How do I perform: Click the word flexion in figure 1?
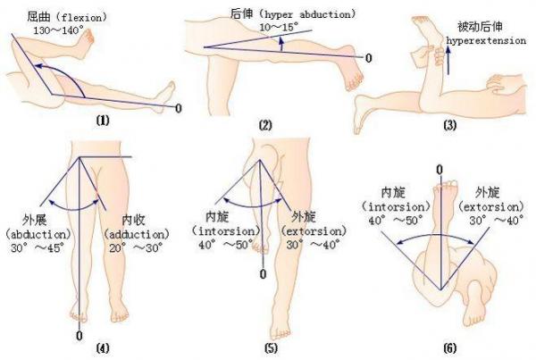(81, 17)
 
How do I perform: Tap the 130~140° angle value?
(58, 30)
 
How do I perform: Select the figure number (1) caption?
(103, 121)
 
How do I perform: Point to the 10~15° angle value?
(278, 27)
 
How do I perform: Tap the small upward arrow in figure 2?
(281, 44)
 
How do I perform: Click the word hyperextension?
(486, 41)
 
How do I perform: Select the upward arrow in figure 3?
(448, 60)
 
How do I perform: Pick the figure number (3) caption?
(450, 125)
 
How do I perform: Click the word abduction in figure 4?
(38, 235)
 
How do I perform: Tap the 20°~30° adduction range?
(136, 247)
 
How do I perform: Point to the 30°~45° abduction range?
(38, 247)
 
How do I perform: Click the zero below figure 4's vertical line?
(80, 335)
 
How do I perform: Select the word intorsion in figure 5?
(226, 231)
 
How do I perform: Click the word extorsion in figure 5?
(314, 231)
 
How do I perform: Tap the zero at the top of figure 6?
(440, 169)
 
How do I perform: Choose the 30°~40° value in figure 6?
(497, 221)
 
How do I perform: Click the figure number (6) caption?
(450, 348)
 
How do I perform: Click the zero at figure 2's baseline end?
(368, 58)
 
